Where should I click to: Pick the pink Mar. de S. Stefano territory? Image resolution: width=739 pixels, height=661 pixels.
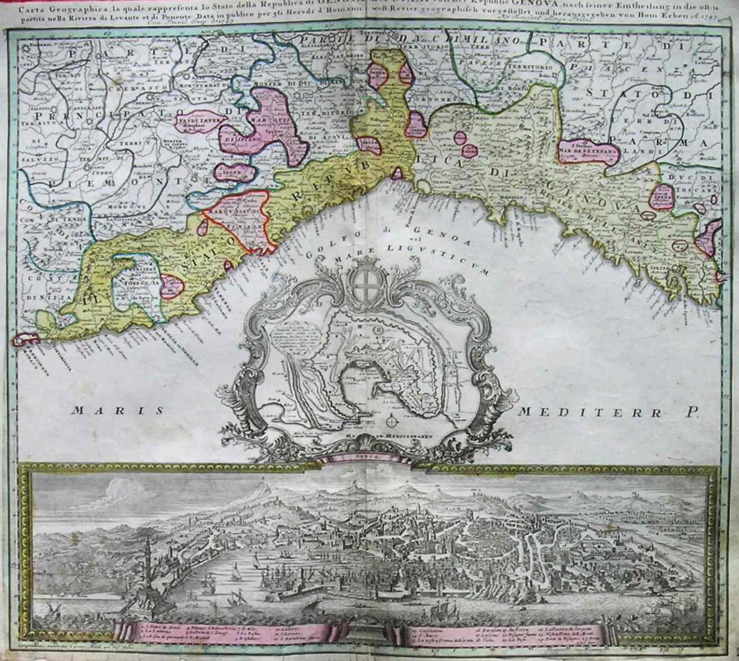(x=589, y=152)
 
